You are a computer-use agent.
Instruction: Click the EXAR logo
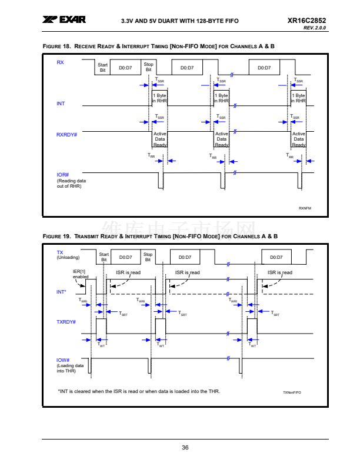tap(64, 20)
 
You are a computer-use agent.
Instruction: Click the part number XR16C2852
tap(306, 21)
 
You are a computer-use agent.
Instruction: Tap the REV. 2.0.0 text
tap(315, 28)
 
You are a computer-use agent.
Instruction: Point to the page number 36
tap(185, 448)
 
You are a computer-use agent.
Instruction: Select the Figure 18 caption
tap(159, 46)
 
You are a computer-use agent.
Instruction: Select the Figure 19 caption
tap(160, 236)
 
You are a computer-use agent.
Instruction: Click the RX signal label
tap(60, 62)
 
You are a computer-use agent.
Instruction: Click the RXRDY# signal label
tap(66, 135)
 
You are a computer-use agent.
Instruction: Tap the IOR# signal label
tap(63, 175)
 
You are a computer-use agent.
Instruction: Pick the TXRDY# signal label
tap(66, 322)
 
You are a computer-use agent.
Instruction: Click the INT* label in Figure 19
tap(62, 291)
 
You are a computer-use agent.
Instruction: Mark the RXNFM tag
tap(305, 208)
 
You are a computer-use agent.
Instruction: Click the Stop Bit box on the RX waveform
tap(149, 68)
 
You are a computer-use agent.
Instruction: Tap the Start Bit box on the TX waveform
tap(104, 257)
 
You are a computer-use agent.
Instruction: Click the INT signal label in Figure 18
tap(61, 104)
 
